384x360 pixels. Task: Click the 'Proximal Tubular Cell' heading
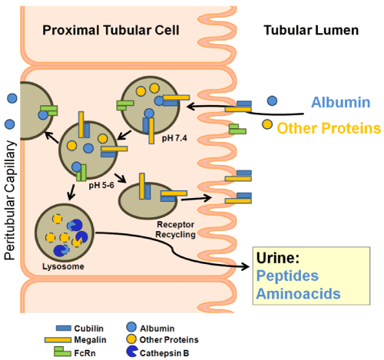tap(111, 30)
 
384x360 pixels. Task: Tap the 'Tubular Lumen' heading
tap(311, 30)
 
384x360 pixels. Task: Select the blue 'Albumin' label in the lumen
tap(341, 102)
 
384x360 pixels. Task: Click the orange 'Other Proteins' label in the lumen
tap(329, 128)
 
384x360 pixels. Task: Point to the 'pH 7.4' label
tap(174, 138)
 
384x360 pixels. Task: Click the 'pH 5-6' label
tap(101, 185)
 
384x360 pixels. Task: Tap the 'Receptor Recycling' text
tap(176, 230)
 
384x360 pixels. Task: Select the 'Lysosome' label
tap(63, 266)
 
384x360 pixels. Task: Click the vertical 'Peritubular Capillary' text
tap(10, 200)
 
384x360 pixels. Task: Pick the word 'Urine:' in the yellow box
tap(278, 258)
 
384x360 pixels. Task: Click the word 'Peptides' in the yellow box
tap(287, 276)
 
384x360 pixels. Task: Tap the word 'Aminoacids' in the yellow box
tap(299, 294)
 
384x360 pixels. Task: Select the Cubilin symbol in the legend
tap(64, 328)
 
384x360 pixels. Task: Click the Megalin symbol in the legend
tap(58, 340)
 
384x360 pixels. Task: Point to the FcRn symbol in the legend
tap(62, 352)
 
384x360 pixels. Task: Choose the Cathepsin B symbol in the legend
tap(131, 352)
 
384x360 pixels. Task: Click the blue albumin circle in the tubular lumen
tap(272, 101)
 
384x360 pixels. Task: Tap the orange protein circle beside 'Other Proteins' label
tap(267, 124)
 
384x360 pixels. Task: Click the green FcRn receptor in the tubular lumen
tap(237, 129)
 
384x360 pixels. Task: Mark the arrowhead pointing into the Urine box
tap(246, 267)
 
